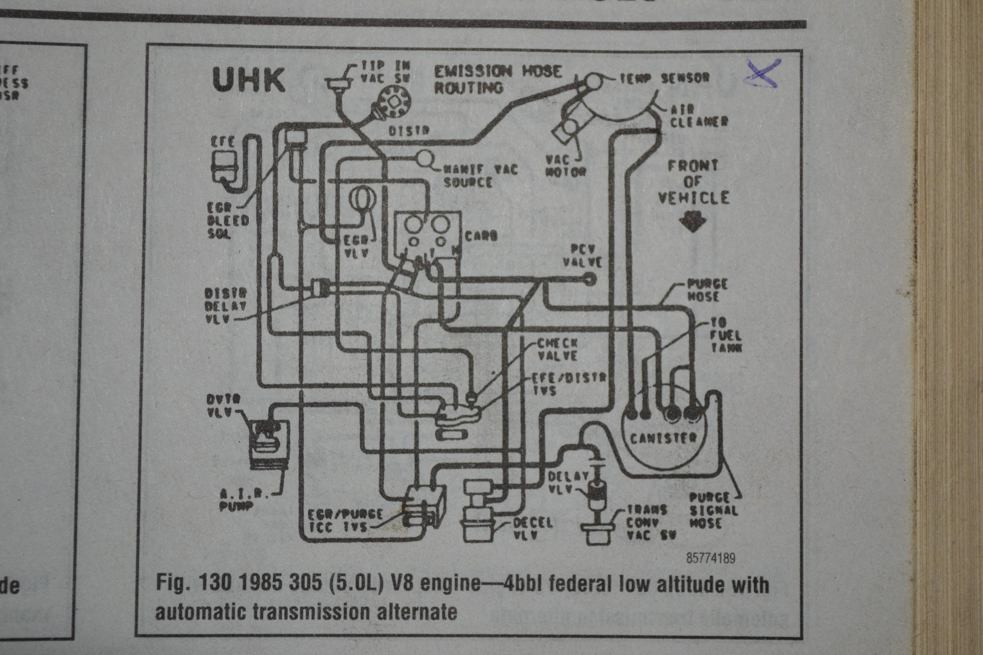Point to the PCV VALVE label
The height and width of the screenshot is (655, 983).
(582, 256)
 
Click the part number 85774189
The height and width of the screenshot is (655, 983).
(711, 558)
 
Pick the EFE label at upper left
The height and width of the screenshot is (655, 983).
(223, 142)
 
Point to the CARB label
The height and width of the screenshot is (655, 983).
(481, 236)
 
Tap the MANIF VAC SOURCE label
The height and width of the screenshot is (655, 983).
(480, 175)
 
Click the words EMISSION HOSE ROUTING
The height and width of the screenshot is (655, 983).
(497, 79)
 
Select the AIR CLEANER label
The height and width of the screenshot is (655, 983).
(699, 116)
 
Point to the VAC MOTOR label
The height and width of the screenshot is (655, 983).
(565, 165)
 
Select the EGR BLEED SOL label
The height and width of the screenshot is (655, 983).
(228, 220)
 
